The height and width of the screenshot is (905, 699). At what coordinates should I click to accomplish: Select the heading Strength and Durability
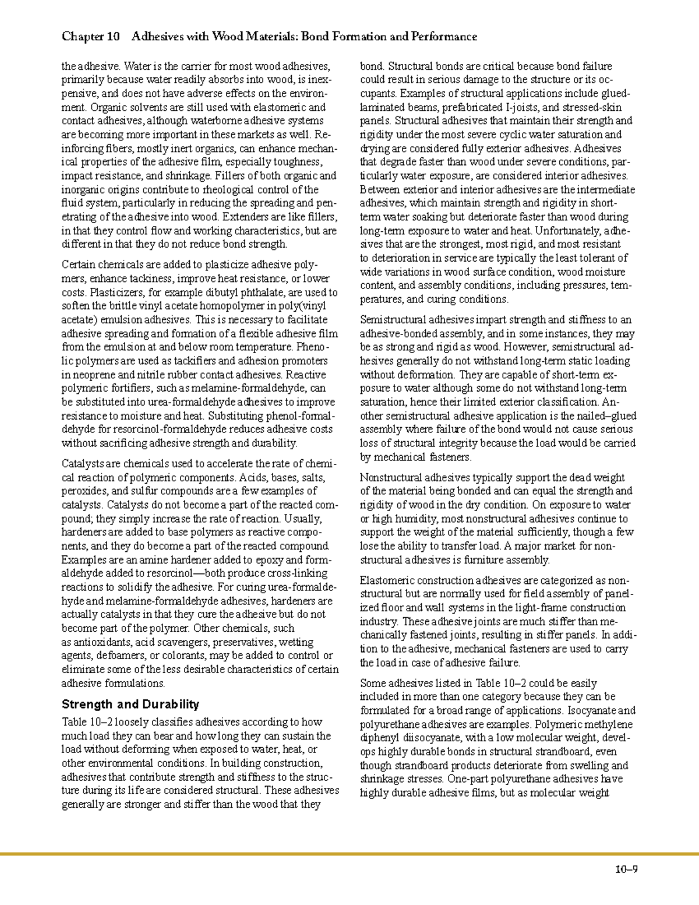pyautogui.click(x=130, y=704)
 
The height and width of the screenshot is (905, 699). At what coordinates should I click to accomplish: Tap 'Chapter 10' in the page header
pyautogui.click(x=90, y=37)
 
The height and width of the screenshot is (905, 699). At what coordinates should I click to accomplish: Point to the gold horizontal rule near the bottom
pyautogui.click(x=349, y=855)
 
